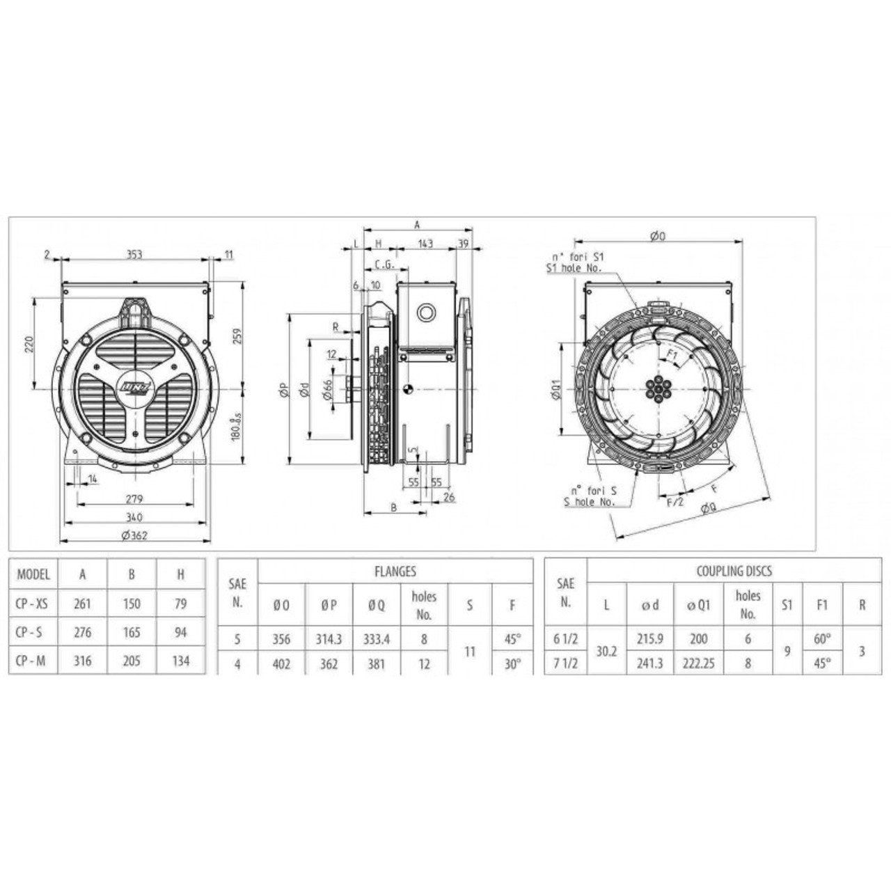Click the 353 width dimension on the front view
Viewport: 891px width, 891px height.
pyautogui.click(x=134, y=254)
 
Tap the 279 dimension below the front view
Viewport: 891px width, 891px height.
pyautogui.click(x=135, y=498)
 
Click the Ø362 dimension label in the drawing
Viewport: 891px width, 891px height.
pyautogui.click(x=135, y=535)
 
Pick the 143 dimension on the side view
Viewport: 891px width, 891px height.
pyautogui.click(x=425, y=243)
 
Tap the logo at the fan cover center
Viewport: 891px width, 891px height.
pyautogui.click(x=134, y=387)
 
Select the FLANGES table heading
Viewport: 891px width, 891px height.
pyautogui.click(x=395, y=571)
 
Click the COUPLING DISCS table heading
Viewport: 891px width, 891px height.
pyautogui.click(x=734, y=571)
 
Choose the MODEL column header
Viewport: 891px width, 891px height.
pyautogui.click(x=33, y=574)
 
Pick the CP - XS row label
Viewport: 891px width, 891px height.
pyautogui.click(x=33, y=604)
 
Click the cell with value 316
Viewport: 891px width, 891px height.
pyautogui.click(x=82, y=661)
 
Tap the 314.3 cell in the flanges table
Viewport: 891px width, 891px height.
pyautogui.click(x=329, y=638)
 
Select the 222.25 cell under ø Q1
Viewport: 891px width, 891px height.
pyautogui.click(x=698, y=663)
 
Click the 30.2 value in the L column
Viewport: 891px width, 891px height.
pyautogui.click(x=606, y=651)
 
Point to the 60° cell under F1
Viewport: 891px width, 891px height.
pyautogui.click(x=822, y=638)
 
